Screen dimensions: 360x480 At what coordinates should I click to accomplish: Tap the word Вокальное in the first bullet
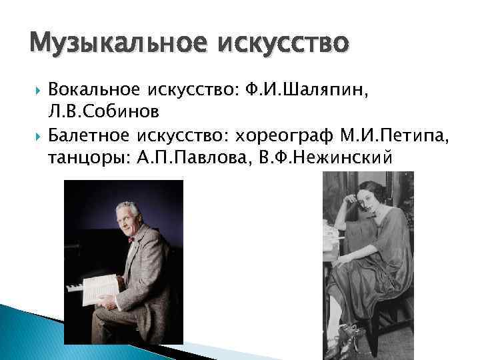[93, 91]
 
